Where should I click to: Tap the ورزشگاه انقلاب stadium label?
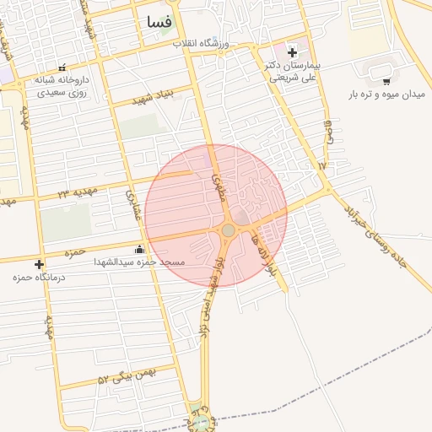[202, 43]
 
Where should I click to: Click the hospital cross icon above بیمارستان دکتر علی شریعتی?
[292, 52]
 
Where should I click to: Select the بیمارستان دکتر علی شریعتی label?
[292, 71]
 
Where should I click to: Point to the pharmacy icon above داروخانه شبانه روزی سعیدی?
[62, 67]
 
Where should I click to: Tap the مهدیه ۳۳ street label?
[77, 192]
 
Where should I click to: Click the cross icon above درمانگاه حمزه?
[40, 264]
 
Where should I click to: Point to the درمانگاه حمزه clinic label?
[34, 277]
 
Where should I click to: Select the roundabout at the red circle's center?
[228, 230]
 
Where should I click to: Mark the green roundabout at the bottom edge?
[201, 419]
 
